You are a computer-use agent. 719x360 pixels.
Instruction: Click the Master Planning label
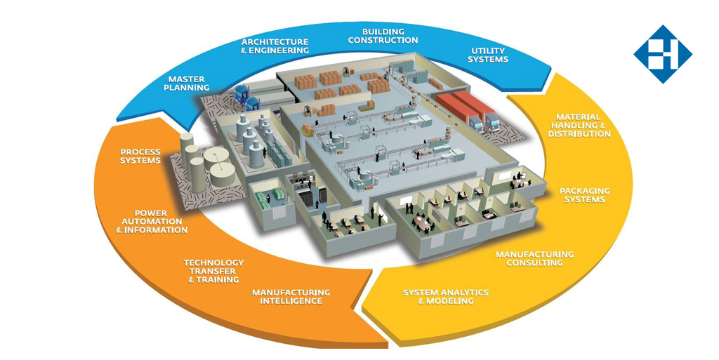(x=187, y=83)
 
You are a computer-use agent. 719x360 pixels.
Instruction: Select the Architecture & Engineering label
(x=274, y=46)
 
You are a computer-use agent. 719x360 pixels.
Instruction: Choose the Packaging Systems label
(x=584, y=194)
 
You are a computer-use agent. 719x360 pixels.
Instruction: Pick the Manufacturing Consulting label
(x=534, y=258)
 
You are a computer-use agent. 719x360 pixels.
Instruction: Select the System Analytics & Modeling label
(x=445, y=296)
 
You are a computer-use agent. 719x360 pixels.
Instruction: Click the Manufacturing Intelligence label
(x=291, y=296)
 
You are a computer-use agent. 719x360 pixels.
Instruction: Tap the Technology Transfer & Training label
(x=214, y=271)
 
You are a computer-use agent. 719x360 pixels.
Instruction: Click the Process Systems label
(x=140, y=156)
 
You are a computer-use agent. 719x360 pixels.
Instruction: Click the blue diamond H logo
(x=662, y=54)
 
